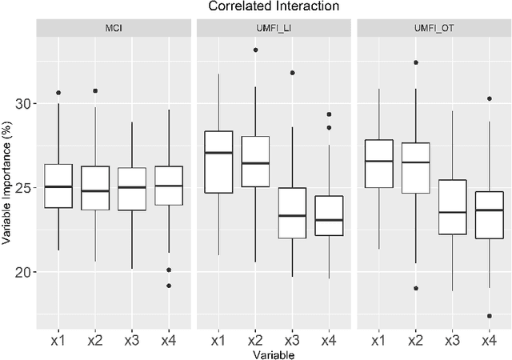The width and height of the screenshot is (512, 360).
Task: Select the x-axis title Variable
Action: (x=273, y=352)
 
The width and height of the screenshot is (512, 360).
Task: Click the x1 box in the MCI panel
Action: (x=58, y=186)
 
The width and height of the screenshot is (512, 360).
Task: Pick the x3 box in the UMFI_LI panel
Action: (x=292, y=213)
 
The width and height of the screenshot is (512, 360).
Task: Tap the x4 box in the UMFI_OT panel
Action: (x=488, y=214)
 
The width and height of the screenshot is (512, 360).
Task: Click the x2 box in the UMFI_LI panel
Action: (x=255, y=164)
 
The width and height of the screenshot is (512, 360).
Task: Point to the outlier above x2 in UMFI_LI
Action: (x=255, y=50)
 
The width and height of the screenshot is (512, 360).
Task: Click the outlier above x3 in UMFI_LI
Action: (x=292, y=73)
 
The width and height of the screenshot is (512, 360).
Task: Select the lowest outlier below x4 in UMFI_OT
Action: (x=488, y=316)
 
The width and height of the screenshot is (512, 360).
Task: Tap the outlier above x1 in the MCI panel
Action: (x=58, y=93)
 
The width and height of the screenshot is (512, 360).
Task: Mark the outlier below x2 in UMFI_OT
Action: (x=414, y=288)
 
